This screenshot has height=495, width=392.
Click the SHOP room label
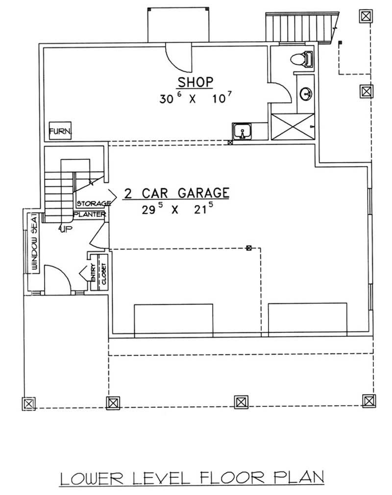click(x=196, y=81)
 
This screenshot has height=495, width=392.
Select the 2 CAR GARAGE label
click(x=176, y=193)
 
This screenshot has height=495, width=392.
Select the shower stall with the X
click(x=292, y=126)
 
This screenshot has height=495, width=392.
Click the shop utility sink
click(x=242, y=131)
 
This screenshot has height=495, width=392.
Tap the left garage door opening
click(x=173, y=320)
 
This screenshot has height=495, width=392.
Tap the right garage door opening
click(x=307, y=320)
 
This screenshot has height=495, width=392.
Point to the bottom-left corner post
click(x=29, y=403)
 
